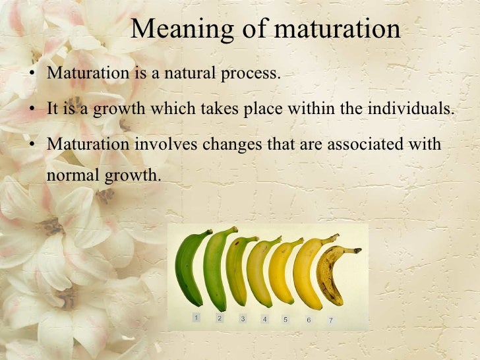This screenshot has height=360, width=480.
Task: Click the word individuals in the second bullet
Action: tap(415, 109)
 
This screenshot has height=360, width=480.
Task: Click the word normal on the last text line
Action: tap(71, 176)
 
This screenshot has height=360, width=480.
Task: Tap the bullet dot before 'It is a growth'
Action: tap(32, 109)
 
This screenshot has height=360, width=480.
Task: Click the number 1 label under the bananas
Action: tap(196, 318)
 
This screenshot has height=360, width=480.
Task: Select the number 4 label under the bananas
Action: tap(264, 319)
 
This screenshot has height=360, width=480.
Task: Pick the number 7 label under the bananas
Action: tap(331, 320)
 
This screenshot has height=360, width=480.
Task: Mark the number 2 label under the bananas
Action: tap(220, 318)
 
